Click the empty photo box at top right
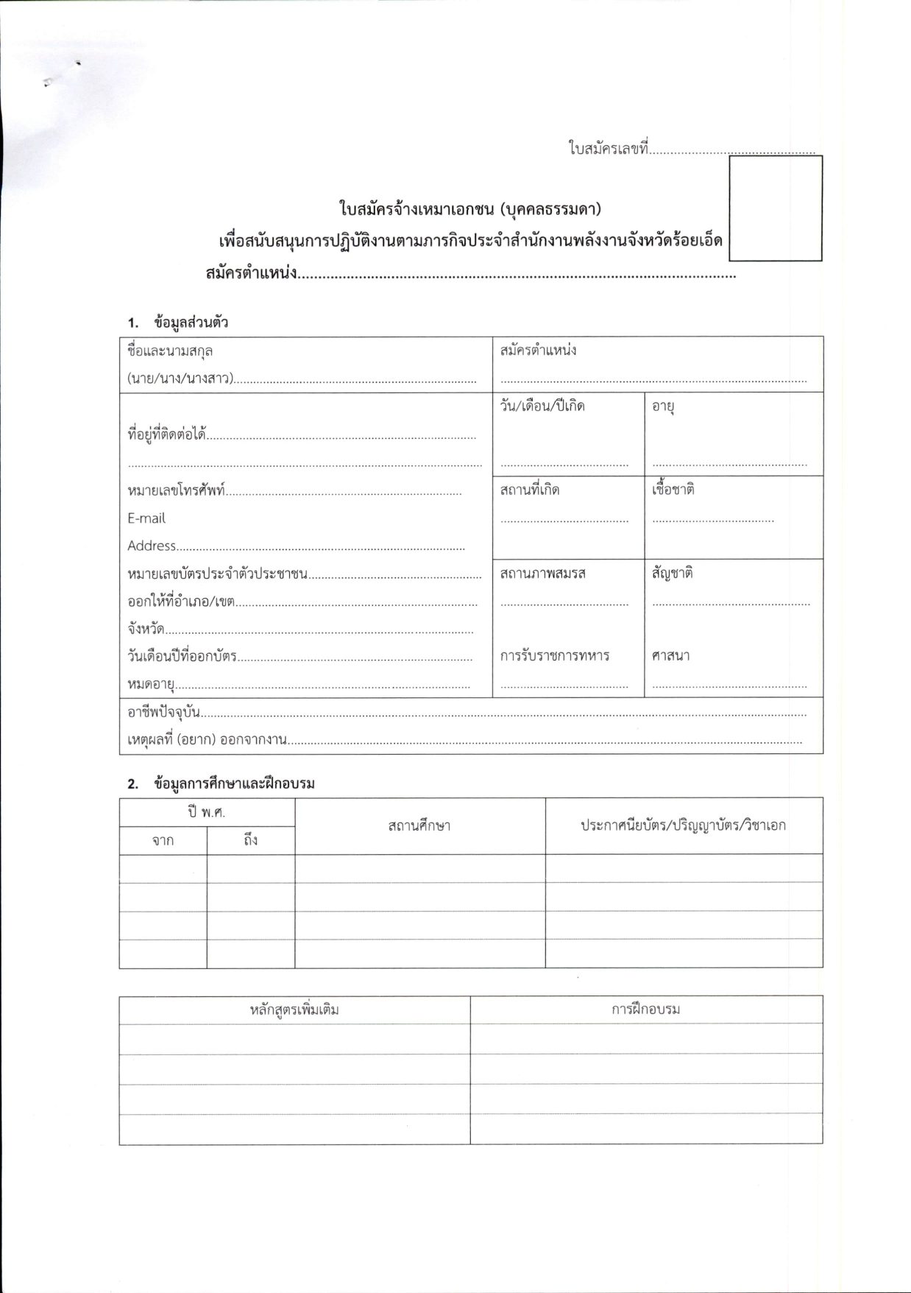(x=775, y=208)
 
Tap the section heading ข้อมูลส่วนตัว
(x=191, y=323)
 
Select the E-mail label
(x=146, y=518)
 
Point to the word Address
(x=152, y=546)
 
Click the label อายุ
(x=663, y=406)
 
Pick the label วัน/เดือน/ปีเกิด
(x=542, y=406)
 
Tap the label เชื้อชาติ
(x=673, y=490)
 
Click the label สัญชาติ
(x=672, y=573)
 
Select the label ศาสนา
(x=670, y=655)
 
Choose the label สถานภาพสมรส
(x=542, y=573)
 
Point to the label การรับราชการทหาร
(x=554, y=655)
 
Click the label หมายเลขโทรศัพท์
(x=176, y=490)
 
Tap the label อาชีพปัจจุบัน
(x=163, y=712)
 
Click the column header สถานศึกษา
(x=419, y=825)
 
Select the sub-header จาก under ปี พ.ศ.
(x=163, y=840)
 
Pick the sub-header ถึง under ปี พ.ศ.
(x=250, y=840)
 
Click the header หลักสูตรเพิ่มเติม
(x=294, y=1010)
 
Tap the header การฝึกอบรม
(x=645, y=1010)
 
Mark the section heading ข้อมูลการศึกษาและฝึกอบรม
(x=234, y=783)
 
